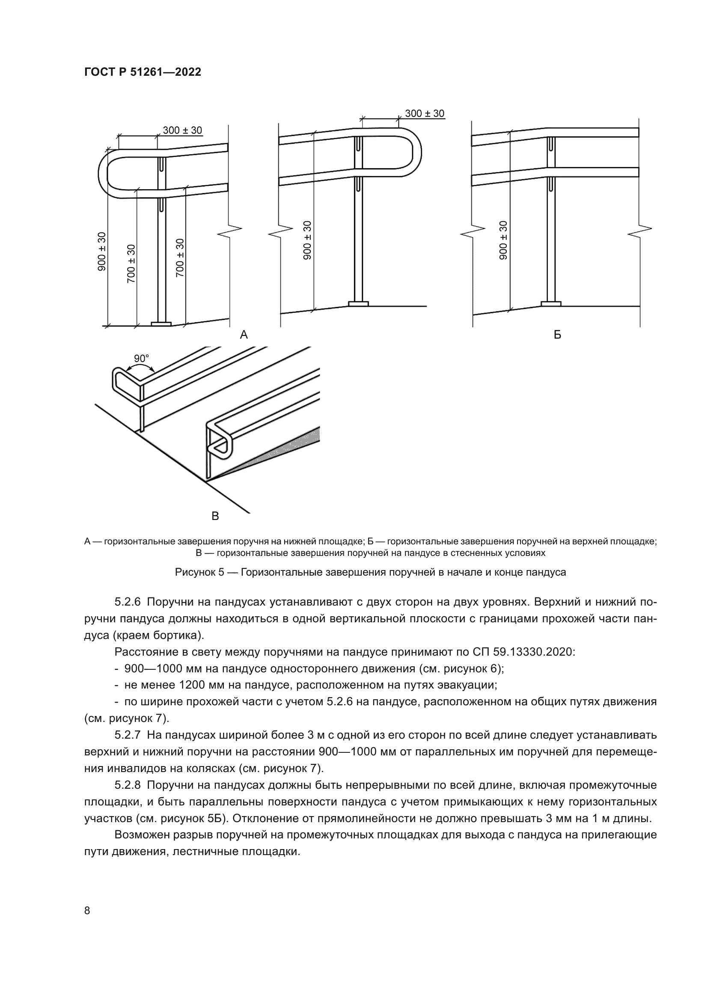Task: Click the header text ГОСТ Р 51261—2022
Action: pos(143,72)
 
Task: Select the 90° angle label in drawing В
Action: pos(141,358)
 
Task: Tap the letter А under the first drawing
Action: pos(244,335)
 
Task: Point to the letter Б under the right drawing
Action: pos(557,335)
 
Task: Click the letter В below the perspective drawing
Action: pos(215,517)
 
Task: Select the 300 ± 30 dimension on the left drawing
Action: pos(182,131)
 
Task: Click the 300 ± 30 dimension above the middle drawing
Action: pos(424,114)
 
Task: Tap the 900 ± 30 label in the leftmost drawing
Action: pos(101,252)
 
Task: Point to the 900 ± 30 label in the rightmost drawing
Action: pos(503,240)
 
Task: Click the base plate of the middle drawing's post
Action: pos(358,303)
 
